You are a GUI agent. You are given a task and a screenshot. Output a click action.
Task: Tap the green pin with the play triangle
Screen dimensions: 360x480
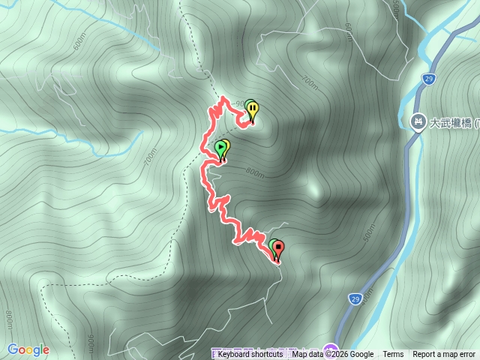point(220,148)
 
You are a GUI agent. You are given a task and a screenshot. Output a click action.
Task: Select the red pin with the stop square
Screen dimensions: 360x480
point(278,248)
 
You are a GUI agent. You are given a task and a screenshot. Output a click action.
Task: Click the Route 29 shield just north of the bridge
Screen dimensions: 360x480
point(427,78)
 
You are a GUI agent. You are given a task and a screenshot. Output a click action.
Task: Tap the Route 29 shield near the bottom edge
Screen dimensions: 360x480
point(355,298)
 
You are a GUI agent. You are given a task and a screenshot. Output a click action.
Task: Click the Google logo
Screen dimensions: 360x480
point(28,349)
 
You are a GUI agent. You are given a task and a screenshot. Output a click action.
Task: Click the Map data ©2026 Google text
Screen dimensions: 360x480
point(332,355)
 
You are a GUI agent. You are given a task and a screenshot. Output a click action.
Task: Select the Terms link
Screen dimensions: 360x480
point(393,355)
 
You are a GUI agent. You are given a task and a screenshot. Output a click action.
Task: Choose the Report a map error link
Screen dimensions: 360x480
point(444,355)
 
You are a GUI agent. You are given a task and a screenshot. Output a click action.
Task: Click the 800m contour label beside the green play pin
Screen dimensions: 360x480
point(255,173)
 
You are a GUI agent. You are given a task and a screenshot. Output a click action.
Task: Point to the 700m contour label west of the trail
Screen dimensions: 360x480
point(152,157)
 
